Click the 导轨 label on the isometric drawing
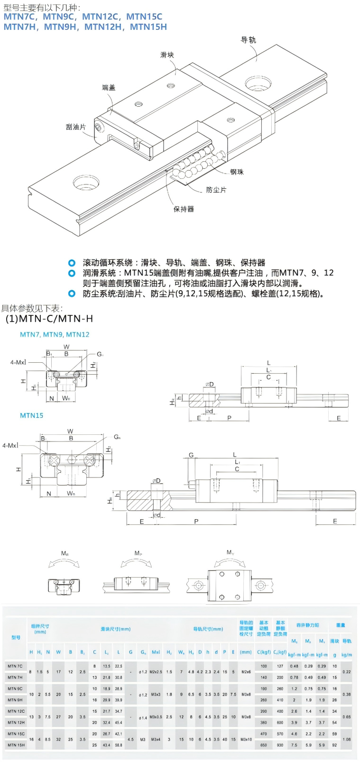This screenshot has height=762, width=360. tap(248, 40)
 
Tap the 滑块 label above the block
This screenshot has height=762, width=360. tap(167, 55)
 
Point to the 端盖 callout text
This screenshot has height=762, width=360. tap(109, 87)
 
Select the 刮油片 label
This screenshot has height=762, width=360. tap(76, 127)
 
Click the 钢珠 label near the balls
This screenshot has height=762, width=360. tap(237, 172)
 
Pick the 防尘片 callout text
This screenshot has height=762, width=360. tap(216, 190)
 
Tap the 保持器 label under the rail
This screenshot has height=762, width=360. tap(184, 209)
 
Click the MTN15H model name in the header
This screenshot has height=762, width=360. tap(148, 27)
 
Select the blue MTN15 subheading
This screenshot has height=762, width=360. tap(31, 415)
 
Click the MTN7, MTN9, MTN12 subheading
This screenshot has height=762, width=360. tap(55, 334)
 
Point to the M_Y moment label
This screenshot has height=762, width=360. tap(230, 552)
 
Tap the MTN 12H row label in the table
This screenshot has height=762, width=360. tap(16, 723)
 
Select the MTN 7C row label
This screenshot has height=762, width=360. tap(15, 666)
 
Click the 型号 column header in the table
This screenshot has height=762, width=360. tap(16, 638)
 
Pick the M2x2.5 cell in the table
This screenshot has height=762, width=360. tap(156, 672)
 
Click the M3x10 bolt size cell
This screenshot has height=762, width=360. tap(246, 739)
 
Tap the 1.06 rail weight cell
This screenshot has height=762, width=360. tap(347, 739)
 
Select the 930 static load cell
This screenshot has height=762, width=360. tap(280, 745)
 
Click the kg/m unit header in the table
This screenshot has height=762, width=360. tap(347, 655)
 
